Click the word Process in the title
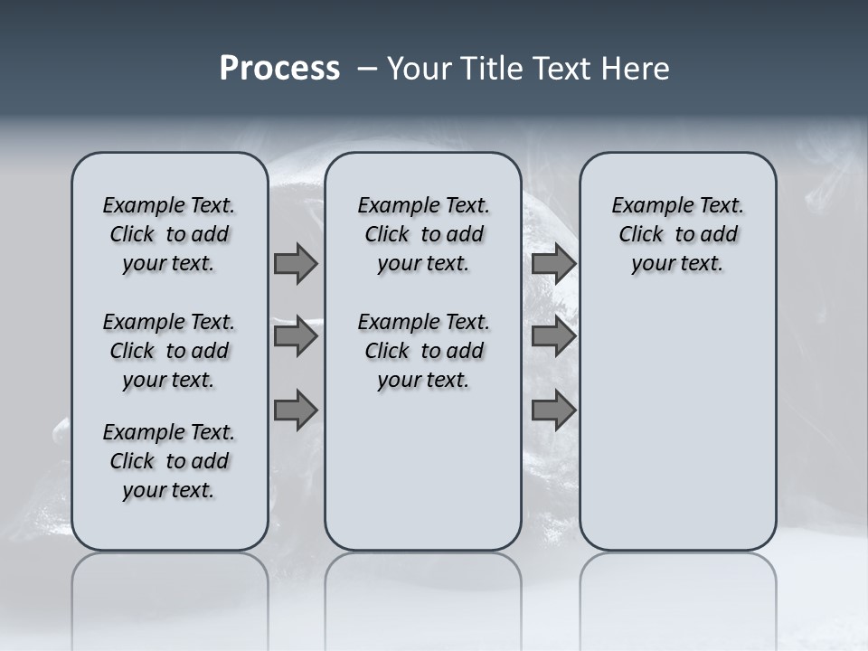pyautogui.click(x=279, y=69)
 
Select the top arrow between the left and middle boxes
pyautogui.click(x=296, y=263)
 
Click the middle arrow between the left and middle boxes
pyautogui.click(x=296, y=337)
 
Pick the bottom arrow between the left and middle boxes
pyautogui.click(x=296, y=410)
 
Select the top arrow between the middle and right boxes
pyautogui.click(x=553, y=263)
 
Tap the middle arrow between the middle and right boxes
pyautogui.click(x=553, y=337)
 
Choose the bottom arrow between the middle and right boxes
pyautogui.click(x=553, y=410)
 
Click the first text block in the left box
pyautogui.click(x=169, y=234)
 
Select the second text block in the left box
pyautogui.click(x=169, y=351)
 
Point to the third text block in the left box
pyautogui.click(x=169, y=461)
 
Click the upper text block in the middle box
pyautogui.click(x=423, y=234)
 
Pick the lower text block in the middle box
pyautogui.click(x=423, y=351)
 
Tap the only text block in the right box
pyautogui.click(x=677, y=234)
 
